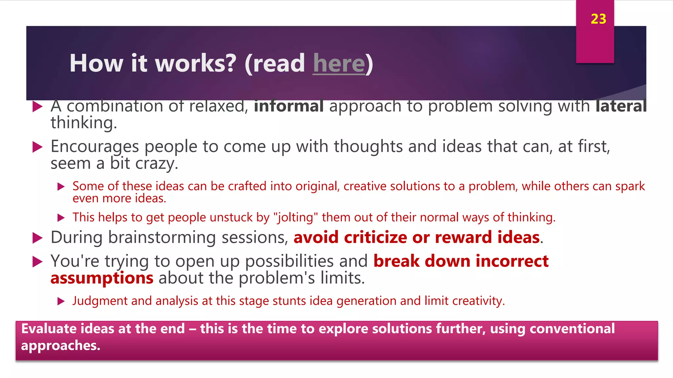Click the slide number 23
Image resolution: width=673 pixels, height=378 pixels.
(x=598, y=19)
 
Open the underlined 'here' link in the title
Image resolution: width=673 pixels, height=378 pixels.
(x=339, y=63)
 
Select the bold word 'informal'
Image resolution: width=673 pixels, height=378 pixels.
(x=289, y=106)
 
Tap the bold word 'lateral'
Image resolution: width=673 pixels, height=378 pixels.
(x=621, y=106)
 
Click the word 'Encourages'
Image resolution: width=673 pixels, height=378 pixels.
(x=95, y=146)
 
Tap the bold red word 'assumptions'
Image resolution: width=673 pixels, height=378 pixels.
(x=102, y=278)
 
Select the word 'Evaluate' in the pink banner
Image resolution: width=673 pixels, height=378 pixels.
(x=49, y=329)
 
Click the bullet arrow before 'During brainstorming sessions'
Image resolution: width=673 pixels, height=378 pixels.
(x=38, y=238)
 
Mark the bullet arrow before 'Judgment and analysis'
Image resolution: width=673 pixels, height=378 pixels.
(x=61, y=301)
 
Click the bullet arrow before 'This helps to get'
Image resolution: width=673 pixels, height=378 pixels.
(x=61, y=218)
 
